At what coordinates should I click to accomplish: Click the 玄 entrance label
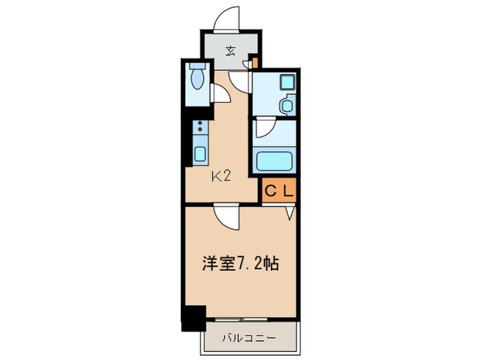click(230, 49)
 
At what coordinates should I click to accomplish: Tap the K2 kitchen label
click(220, 176)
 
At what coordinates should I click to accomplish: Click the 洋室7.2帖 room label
click(239, 263)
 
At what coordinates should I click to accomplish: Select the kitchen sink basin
click(200, 153)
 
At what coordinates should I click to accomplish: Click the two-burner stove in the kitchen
click(200, 128)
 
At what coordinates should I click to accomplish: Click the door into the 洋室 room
click(226, 217)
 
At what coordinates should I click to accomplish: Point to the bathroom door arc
click(265, 128)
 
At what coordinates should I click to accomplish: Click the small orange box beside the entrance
click(254, 64)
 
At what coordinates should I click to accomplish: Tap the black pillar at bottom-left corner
click(194, 317)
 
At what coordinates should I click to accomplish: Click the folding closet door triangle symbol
click(289, 213)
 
